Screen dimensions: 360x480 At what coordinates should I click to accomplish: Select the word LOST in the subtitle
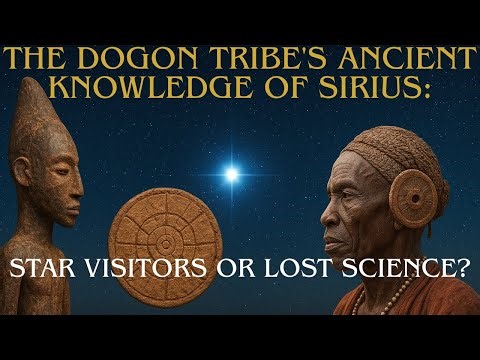tap(285, 268)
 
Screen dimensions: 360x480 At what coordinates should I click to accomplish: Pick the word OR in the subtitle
tap(221, 268)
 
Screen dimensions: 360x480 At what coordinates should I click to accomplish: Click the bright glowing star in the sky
tap(232, 175)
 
